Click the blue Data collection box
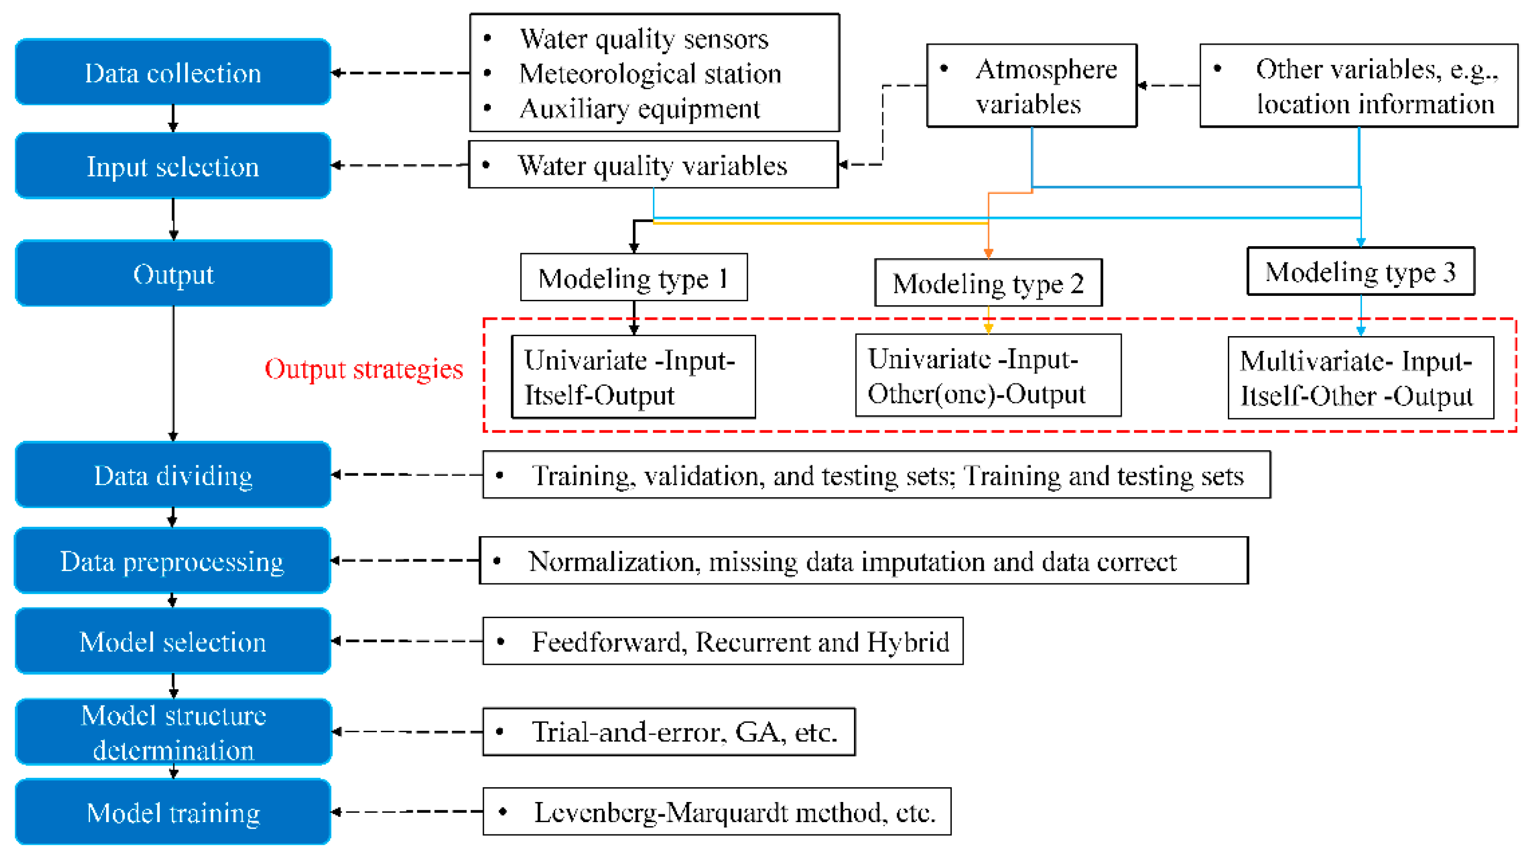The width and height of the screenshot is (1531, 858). [172, 73]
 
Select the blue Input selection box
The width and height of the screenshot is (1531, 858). [172, 166]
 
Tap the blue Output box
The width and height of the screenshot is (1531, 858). [173, 274]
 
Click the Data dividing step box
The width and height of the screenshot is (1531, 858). [172, 475]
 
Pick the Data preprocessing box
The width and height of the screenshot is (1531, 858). [172, 561]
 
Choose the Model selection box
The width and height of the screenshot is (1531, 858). [172, 641]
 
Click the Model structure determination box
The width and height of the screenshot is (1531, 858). [173, 732]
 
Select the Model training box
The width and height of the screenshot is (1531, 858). [172, 812]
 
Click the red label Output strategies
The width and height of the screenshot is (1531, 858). [363, 369]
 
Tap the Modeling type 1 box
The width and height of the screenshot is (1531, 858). [633, 278]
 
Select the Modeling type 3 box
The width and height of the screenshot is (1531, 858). [1360, 272]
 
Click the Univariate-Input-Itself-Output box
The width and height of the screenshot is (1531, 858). [633, 377]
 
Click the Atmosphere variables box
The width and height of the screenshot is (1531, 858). [1031, 86]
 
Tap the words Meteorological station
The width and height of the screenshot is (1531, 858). [650, 74]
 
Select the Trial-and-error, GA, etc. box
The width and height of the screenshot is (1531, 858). [669, 732]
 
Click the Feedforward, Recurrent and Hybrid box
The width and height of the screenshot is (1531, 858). [722, 641]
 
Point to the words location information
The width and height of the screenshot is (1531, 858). [1375, 104]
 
